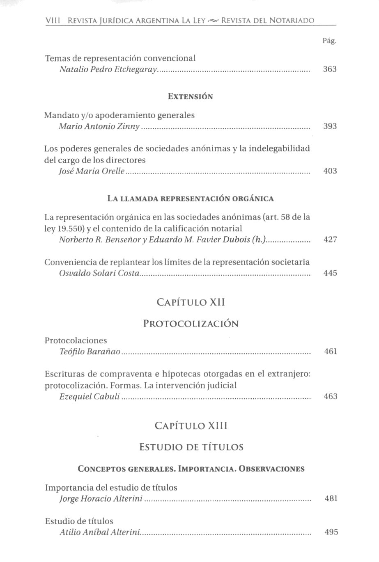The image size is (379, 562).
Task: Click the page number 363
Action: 330,69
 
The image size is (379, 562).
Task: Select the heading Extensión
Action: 191,97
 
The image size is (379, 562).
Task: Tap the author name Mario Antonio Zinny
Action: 99,126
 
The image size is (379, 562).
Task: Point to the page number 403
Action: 330,171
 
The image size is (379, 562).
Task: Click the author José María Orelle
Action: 92,171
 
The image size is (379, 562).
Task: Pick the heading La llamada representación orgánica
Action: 191,199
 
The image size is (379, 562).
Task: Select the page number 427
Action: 330,240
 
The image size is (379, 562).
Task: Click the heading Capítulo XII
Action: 191,303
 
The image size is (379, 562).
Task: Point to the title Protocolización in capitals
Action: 191,324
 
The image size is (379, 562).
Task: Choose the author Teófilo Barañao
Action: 90,352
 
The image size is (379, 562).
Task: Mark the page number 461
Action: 331,352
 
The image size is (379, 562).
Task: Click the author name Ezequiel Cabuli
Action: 90,397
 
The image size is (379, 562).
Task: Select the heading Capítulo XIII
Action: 191,426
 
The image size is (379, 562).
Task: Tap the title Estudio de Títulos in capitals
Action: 191,447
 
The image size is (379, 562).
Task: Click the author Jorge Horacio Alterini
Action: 101,499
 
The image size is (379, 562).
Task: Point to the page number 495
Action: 331,532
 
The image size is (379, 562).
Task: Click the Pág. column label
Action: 329,41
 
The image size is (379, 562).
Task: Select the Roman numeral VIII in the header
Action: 53,20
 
